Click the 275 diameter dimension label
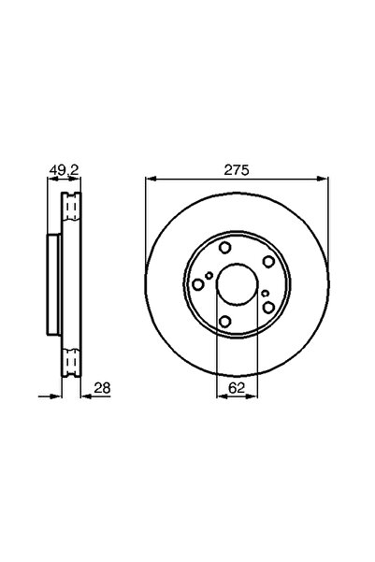pyautogui.click(x=237, y=170)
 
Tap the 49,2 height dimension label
pyautogui.click(x=65, y=170)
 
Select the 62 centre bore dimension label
pyautogui.click(x=237, y=387)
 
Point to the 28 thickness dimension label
pyautogui.click(x=102, y=387)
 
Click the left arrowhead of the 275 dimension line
pyautogui.click(x=151, y=179)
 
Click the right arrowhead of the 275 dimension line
pyautogui.click(x=323, y=179)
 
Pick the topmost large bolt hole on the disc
pyautogui.click(x=225, y=248)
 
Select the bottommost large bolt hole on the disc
pyautogui.click(x=224, y=322)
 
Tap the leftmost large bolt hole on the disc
pyautogui.click(x=198, y=285)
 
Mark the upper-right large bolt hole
pyautogui.click(x=268, y=261)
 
